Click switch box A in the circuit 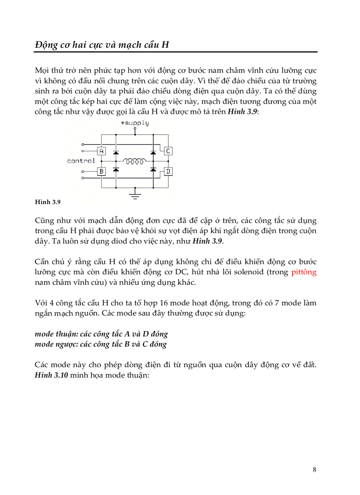pos(101,151)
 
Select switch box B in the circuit pos(101,171)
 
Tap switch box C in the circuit pos(168,151)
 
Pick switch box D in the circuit pos(168,171)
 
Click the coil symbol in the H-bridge pos(135,161)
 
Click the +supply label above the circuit pos(135,123)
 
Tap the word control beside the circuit pos(81,161)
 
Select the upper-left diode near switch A pos(116,152)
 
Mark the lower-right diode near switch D pos(153,169)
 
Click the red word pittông pos(304,272)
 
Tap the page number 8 pos(314,469)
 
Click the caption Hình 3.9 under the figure pos(47,202)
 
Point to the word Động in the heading pos(46,45)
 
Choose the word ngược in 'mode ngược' pos(66,344)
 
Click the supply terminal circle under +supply pos(135,129)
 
